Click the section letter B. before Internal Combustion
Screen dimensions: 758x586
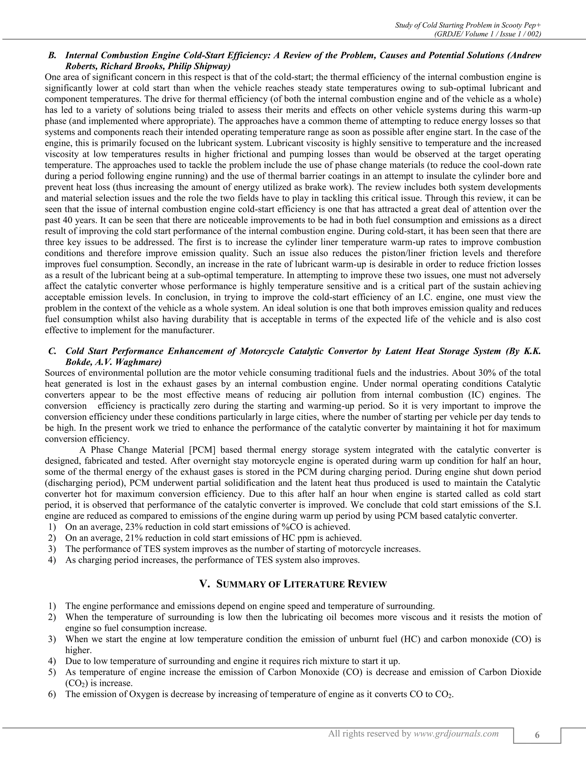pyautogui.click(x=52, y=55)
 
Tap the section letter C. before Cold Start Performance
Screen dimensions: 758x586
pyautogui.click(x=52, y=351)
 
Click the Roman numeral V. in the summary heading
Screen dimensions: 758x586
pyautogui.click(x=205, y=584)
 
